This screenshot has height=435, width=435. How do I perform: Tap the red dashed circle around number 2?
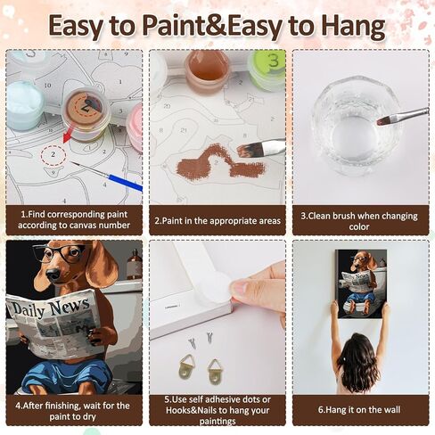(x=53, y=154)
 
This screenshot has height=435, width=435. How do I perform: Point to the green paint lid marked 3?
(x=267, y=68)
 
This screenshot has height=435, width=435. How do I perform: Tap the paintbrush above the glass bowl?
(x=401, y=116)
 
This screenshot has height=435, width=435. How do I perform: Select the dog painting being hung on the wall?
(x=362, y=282)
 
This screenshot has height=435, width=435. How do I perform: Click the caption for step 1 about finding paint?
(x=74, y=220)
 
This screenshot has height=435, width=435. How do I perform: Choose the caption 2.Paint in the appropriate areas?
(x=217, y=220)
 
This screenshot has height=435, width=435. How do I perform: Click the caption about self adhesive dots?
(x=217, y=411)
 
